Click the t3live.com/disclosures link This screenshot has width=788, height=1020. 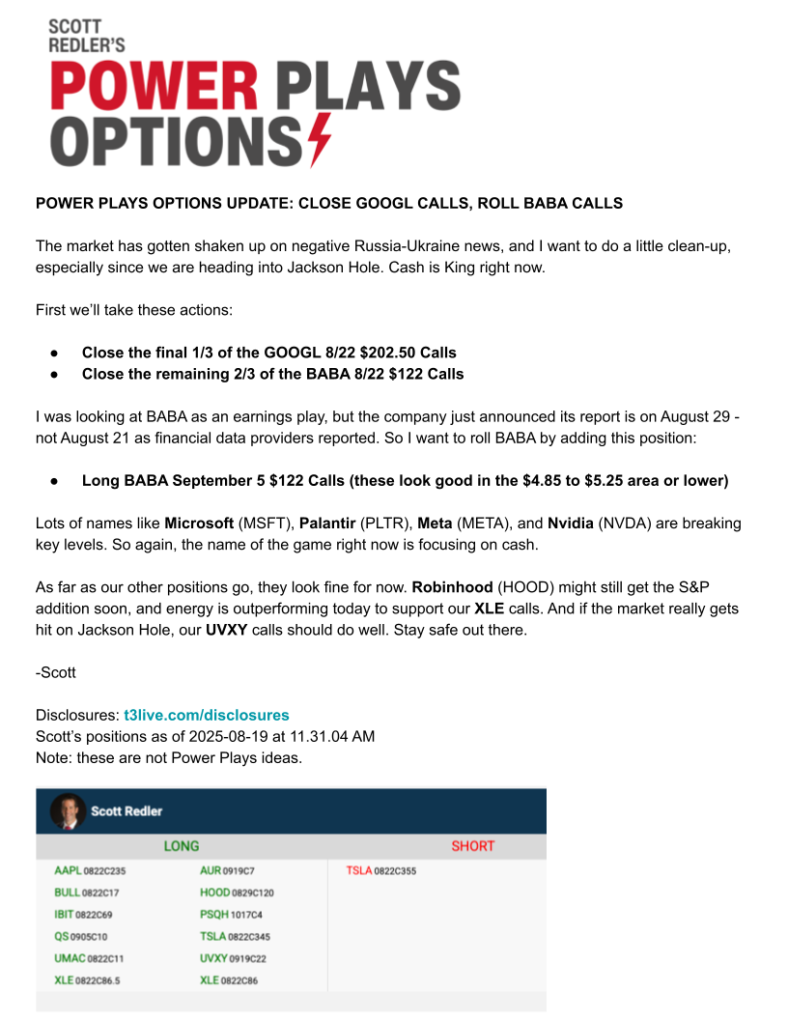click(207, 715)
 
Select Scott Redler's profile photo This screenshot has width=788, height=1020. click(68, 811)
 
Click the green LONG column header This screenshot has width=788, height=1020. click(182, 846)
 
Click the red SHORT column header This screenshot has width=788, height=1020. click(472, 846)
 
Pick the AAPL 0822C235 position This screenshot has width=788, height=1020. click(90, 871)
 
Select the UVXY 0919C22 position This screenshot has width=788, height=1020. click(234, 958)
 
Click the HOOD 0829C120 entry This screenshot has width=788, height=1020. click(237, 892)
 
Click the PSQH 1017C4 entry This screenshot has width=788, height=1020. click(231, 914)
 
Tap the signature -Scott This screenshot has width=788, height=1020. click(56, 672)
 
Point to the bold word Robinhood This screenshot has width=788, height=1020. click(453, 586)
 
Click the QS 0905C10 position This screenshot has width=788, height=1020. click(81, 936)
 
